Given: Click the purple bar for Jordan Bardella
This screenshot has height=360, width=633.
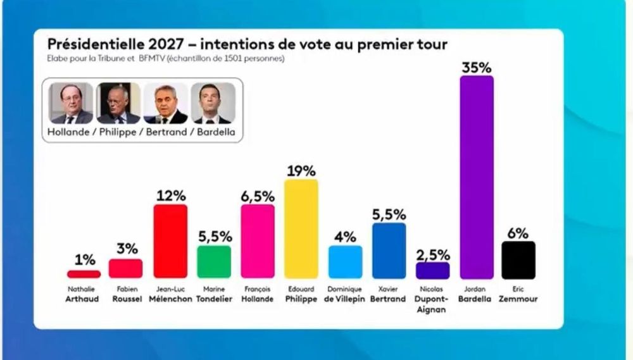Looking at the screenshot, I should [x=477, y=177].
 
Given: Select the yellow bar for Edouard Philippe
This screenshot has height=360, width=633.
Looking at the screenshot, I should [x=301, y=228].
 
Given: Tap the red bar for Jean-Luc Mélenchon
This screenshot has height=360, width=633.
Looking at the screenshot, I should [x=170, y=241].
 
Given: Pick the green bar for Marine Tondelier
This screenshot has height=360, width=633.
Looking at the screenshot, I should [x=214, y=262].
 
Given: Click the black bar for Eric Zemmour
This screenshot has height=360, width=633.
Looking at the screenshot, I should [x=518, y=259].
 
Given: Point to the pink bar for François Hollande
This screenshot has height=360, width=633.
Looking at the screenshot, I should [x=258, y=241].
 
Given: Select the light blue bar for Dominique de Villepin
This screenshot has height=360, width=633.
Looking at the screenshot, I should [x=346, y=262].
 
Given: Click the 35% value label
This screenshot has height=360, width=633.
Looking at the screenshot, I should [x=477, y=67].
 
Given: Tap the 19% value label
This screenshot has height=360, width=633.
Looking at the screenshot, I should [x=301, y=171].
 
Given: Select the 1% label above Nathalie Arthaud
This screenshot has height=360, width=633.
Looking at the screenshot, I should [x=84, y=260].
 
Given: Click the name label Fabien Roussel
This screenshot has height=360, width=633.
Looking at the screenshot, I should [x=126, y=294].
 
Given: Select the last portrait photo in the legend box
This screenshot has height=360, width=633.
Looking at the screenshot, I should [x=213, y=102].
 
